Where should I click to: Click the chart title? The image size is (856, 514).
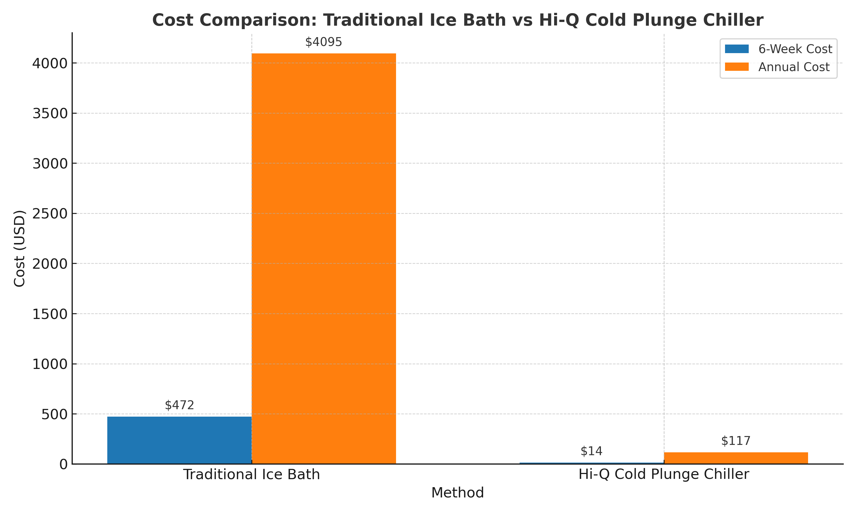point(457,20)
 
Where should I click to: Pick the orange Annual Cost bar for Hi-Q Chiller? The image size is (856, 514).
point(736,458)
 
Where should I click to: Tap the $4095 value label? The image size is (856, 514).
point(324,42)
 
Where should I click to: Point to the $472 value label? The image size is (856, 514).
point(179,405)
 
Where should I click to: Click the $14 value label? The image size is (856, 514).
point(591,451)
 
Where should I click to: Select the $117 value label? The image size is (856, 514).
point(736,441)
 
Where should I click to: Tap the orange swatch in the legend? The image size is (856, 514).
point(737,67)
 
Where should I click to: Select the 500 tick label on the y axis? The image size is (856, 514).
point(54,414)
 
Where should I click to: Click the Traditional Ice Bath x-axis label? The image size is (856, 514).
point(252,475)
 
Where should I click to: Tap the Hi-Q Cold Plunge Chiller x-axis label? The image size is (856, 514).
point(664,475)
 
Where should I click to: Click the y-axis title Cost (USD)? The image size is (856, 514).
point(20,248)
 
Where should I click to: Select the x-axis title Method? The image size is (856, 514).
point(457,493)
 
